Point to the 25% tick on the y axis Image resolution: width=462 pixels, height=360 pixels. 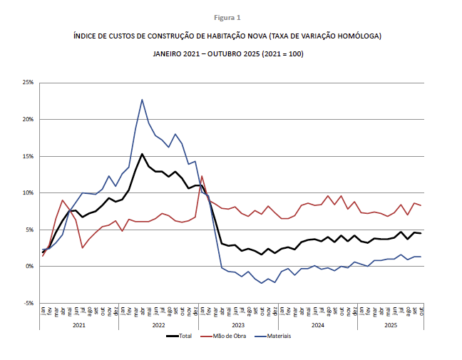pyautogui.click(x=29, y=83)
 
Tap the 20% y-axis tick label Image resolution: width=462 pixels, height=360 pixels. pyautogui.click(x=29, y=119)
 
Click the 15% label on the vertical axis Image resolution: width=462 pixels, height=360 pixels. pyautogui.click(x=29, y=156)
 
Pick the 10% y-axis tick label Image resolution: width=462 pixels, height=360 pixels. pyautogui.click(x=29, y=192)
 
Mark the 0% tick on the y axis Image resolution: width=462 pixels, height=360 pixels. pyautogui.click(x=30, y=266)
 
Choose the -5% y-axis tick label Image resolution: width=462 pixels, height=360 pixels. pyautogui.click(x=29, y=303)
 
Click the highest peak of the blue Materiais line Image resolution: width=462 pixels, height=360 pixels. pyautogui.click(x=142, y=100)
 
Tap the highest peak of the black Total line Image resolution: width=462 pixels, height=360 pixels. pyautogui.click(x=142, y=154)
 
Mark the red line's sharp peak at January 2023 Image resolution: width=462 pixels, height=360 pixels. pyautogui.click(x=202, y=176)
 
